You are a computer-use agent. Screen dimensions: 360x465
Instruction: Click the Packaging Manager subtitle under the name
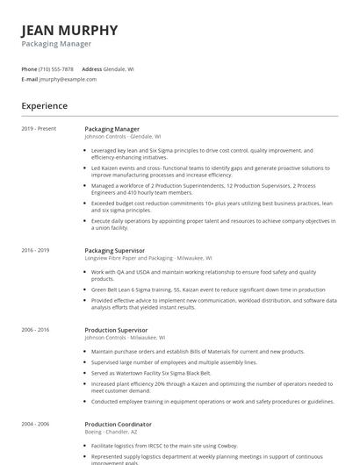coord(56,43)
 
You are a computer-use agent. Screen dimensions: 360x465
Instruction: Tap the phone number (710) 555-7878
coord(57,68)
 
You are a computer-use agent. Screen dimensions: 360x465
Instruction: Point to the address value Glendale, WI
coord(119,68)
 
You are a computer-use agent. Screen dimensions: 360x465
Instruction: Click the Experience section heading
coord(45,106)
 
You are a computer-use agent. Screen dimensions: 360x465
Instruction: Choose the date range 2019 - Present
coord(39,129)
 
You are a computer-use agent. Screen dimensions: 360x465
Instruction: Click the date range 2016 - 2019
coord(36,250)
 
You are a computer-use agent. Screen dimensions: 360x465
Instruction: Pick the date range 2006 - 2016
coord(36,329)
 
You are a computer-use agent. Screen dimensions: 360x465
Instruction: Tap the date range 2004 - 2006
coord(36,424)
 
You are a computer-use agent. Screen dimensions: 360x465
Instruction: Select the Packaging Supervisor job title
coord(115,250)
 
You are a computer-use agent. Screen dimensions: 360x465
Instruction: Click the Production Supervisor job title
coord(117,329)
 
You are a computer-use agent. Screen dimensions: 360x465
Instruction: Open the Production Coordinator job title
coord(119,424)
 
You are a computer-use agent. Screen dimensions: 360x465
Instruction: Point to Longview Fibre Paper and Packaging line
coord(143,258)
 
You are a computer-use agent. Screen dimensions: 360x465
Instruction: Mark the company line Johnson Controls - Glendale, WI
coord(123,137)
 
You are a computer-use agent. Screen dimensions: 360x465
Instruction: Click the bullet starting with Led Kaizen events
coord(211,171)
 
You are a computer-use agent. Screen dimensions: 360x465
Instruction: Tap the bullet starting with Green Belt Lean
coord(208,289)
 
